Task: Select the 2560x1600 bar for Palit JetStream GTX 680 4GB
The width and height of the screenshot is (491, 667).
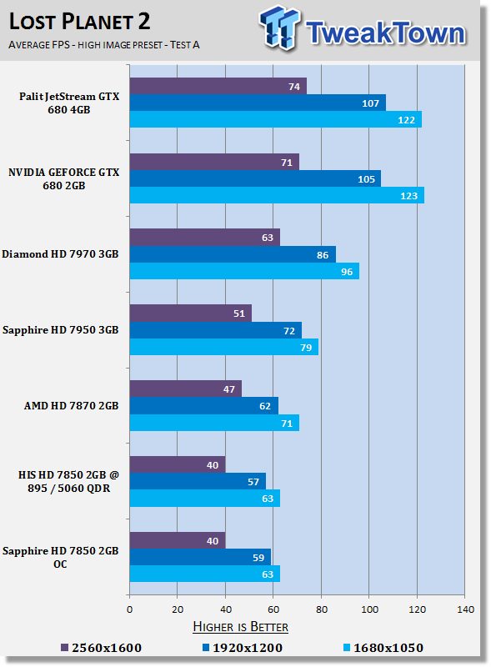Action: pyautogui.click(x=218, y=87)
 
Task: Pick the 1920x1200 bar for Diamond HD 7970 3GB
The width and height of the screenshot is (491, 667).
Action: pyautogui.click(x=233, y=254)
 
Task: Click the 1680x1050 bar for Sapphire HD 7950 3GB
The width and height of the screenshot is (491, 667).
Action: pyautogui.click(x=223, y=347)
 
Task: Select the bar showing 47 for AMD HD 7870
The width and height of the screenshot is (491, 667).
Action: pyautogui.click(x=185, y=389)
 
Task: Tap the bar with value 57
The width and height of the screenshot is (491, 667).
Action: pyautogui.click(x=198, y=481)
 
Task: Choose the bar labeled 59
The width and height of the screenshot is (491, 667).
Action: pyautogui.click(x=200, y=557)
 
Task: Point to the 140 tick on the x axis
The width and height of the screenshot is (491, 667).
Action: pyautogui.click(x=464, y=609)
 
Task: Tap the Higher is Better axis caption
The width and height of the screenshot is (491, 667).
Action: pyautogui.click(x=240, y=626)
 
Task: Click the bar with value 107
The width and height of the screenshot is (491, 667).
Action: pyautogui.click(x=258, y=103)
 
